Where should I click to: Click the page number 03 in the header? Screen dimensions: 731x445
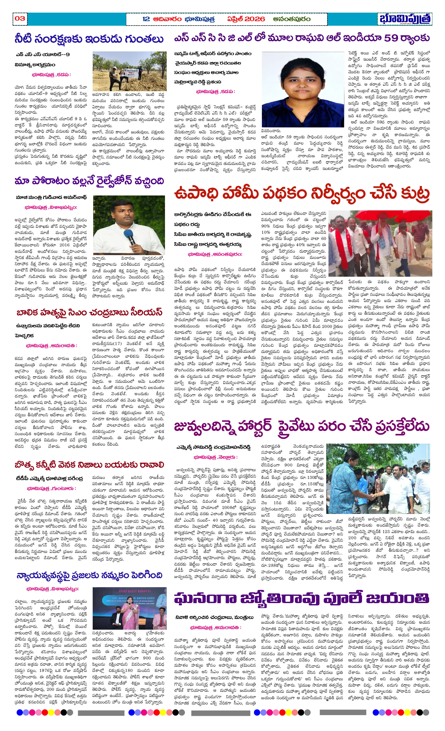(x=20, y=18)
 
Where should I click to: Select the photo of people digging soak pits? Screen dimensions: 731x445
(x=129, y=71)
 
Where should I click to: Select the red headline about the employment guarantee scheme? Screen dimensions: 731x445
(x=302, y=193)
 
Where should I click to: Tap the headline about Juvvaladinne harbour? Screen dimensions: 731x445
(x=302, y=426)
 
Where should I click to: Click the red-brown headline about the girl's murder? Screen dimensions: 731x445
(x=89, y=312)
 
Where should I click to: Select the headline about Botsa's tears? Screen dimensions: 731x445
(x=89, y=464)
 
